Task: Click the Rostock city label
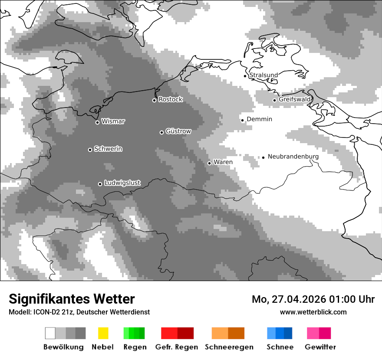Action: [x=170, y=99]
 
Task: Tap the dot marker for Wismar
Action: [x=98, y=122]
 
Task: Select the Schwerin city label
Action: [x=108, y=149]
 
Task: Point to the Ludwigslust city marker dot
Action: [x=100, y=184]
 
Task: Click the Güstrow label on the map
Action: [x=178, y=131]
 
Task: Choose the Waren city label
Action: [x=223, y=162]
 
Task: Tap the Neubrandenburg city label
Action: [x=293, y=157]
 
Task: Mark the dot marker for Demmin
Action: [x=243, y=120]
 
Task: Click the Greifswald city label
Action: [x=295, y=99]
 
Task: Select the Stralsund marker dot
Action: [x=245, y=76]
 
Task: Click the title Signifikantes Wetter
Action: [x=72, y=299]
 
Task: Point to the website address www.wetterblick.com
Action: [x=313, y=312]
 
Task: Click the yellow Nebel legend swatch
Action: [x=103, y=333]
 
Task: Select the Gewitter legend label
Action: [x=320, y=347]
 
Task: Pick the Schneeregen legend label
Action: [x=229, y=347]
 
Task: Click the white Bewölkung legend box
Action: [x=50, y=333]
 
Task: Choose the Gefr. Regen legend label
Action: [x=176, y=347]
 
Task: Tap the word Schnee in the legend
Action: [x=280, y=347]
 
